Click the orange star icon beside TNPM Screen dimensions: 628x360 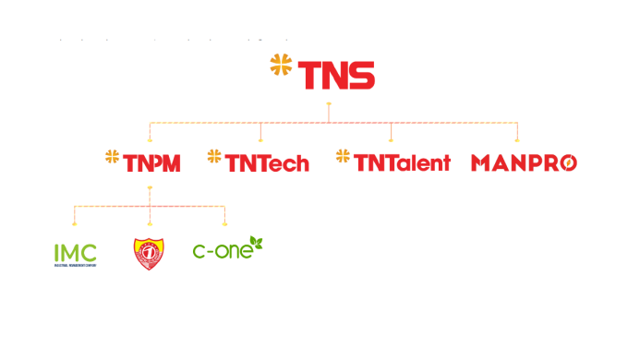(x=113, y=157)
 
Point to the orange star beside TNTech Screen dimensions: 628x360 (x=214, y=157)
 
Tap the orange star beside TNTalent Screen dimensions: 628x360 (x=344, y=157)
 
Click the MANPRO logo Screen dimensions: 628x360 (x=524, y=163)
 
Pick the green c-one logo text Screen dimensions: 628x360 (x=222, y=250)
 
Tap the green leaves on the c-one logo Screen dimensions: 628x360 (x=258, y=244)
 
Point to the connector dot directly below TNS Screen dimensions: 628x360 (x=329, y=104)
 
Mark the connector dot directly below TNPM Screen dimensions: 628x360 (x=150, y=189)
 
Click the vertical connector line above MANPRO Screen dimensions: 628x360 (x=517, y=131)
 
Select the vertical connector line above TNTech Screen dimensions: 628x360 (x=261, y=131)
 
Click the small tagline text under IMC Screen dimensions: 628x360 (x=75, y=265)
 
